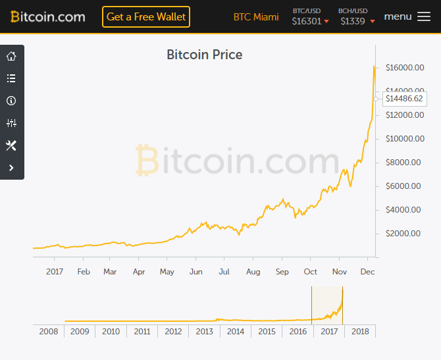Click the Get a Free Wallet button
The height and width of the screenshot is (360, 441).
coord(146,17)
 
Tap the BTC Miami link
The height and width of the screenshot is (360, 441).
coord(256,17)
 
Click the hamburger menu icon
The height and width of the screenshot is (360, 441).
coord(424,16)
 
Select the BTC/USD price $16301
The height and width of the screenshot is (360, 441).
coord(307,21)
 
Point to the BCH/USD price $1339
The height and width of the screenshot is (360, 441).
coord(353,21)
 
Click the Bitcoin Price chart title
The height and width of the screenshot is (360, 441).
coord(205,55)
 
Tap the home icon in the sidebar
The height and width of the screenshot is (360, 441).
coord(11,56)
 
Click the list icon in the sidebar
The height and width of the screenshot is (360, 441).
coord(11,78)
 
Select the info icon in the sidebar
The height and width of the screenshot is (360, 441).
coord(11,101)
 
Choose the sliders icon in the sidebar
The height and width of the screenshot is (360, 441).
coord(11,123)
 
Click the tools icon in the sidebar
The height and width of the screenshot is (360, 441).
coord(11,145)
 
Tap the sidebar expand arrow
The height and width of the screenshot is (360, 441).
coord(11,168)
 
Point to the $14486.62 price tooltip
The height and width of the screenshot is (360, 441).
coord(404,99)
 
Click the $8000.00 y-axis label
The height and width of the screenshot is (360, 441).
coord(403,163)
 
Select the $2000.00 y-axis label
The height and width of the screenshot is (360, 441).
coord(403,234)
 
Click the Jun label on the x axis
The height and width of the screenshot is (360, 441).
coord(195,272)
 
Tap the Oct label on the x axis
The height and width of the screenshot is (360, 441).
coord(310,272)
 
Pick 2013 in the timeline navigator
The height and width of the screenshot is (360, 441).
coord(205,332)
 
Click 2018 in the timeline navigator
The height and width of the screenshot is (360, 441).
coord(360,332)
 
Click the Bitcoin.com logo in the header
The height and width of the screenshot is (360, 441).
coord(48,17)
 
